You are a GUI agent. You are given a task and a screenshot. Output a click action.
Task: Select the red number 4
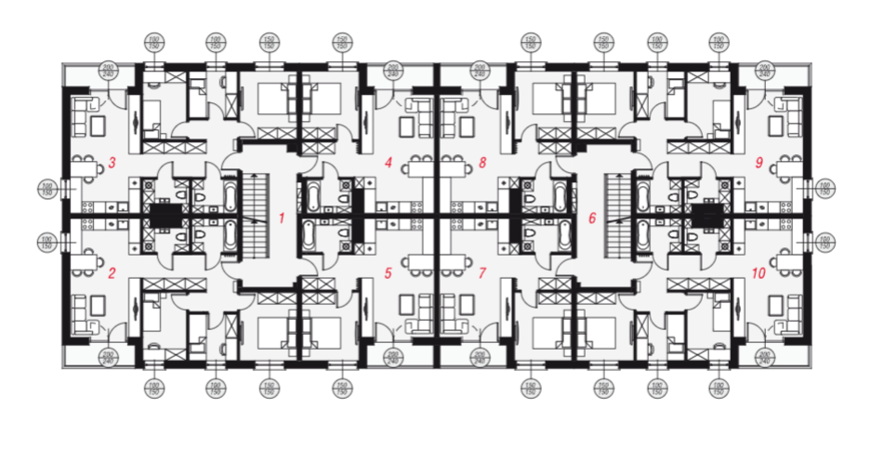(389, 164)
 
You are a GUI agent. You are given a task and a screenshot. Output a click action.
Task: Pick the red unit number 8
(482, 164)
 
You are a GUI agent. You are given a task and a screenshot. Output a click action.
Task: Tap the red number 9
(759, 164)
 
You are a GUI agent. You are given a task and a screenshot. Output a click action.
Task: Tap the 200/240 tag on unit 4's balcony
(392, 71)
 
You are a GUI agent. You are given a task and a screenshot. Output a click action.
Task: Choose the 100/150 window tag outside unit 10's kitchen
(824, 244)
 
